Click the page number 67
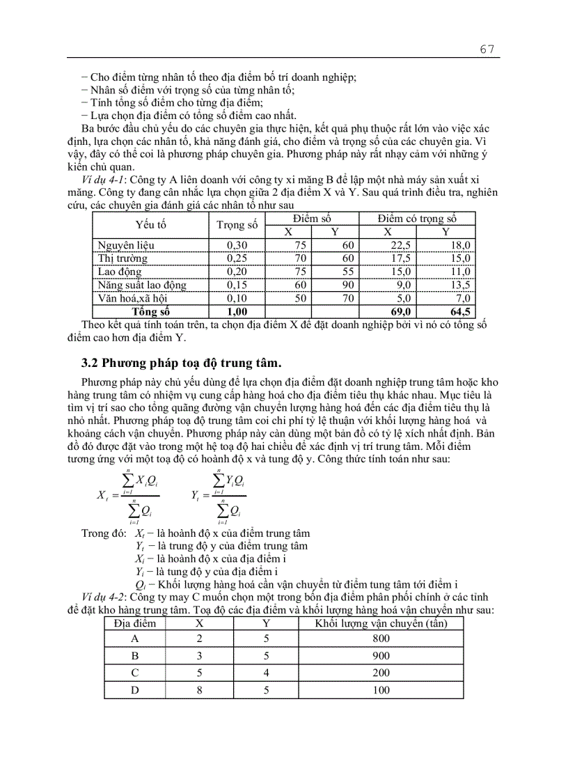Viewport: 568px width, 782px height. (487, 49)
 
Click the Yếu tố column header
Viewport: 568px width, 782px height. (151, 225)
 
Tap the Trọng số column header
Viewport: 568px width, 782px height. (237, 225)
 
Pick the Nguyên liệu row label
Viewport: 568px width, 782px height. (126, 245)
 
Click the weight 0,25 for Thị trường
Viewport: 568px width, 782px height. (237, 258)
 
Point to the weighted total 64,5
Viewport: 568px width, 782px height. (460, 311)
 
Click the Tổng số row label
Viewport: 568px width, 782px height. (151, 311)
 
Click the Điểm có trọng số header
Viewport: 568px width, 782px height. (417, 219)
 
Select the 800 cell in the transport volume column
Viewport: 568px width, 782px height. (381, 638)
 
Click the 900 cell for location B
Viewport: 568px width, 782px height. (381, 655)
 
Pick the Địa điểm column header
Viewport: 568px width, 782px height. (135, 623)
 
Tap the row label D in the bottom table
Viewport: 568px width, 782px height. (134, 690)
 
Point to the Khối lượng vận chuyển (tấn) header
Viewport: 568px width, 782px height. (381, 623)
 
